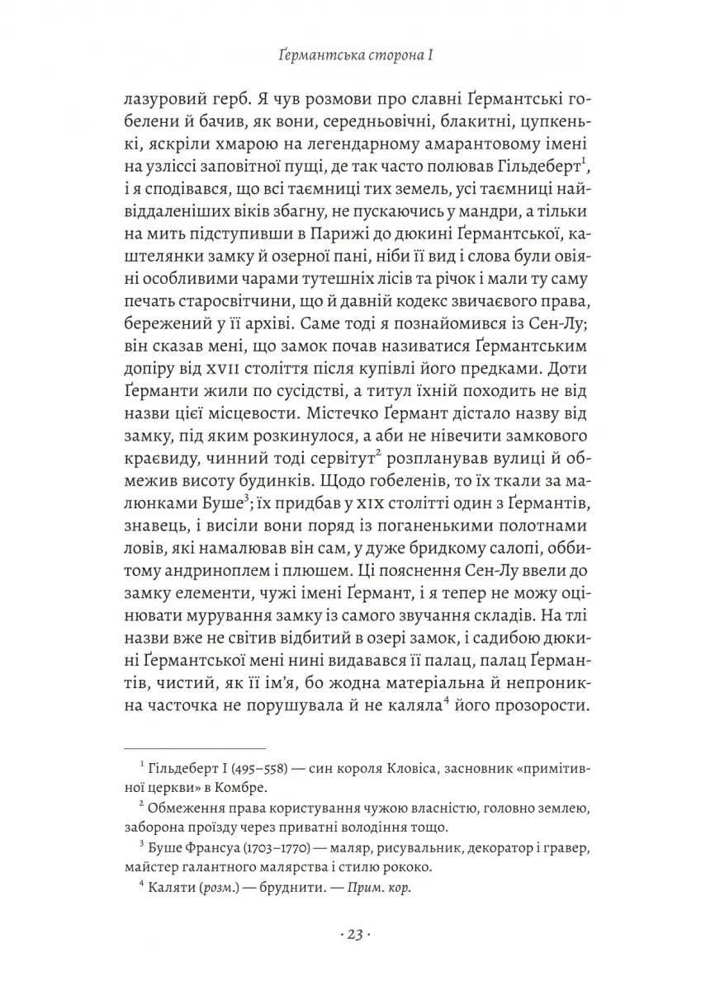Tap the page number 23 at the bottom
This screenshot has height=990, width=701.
[x=350, y=935]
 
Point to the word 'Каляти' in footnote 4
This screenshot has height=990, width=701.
[x=170, y=890]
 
